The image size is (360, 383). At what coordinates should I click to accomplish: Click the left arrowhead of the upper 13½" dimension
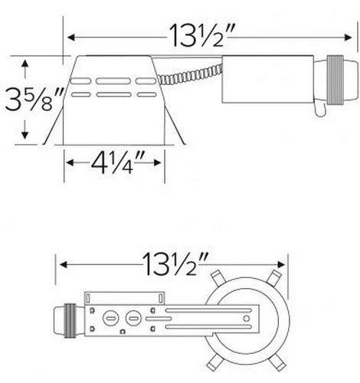70,36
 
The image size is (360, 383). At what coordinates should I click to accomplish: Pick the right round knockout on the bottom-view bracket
132,316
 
